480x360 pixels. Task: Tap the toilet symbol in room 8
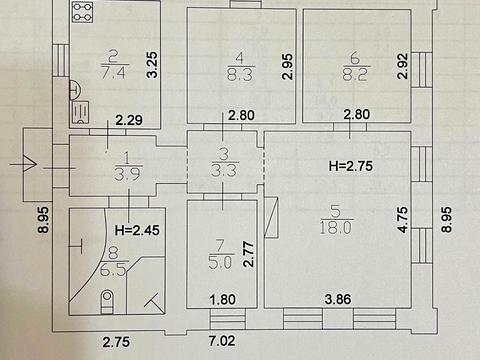point(107,302)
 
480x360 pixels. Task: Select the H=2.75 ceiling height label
point(351,166)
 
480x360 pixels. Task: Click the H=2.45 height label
point(137,230)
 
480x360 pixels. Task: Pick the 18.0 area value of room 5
point(336,228)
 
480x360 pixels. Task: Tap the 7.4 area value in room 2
point(113,72)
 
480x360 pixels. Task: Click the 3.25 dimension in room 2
point(152,65)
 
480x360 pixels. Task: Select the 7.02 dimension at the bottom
point(222,341)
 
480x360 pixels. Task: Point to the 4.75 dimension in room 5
point(403,220)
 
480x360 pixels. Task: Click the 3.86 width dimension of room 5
point(338,299)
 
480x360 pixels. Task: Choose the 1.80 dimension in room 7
point(223,299)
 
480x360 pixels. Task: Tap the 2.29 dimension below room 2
point(129,120)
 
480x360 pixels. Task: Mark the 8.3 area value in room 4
point(240,74)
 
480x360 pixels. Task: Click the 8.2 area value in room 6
point(355,74)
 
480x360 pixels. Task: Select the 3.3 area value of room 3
point(224,171)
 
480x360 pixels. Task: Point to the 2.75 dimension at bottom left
point(116,342)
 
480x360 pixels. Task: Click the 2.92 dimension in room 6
point(403,66)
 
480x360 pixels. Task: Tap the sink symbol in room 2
point(81,112)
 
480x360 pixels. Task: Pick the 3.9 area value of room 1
point(127,174)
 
